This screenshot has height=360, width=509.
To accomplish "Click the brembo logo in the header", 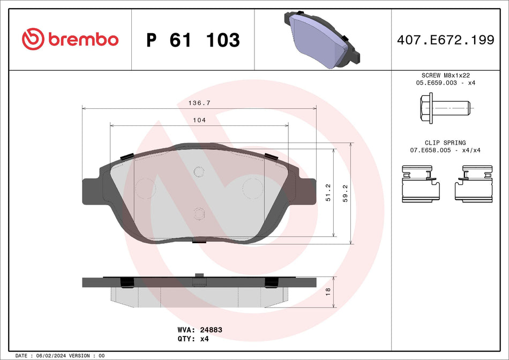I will click(x=70, y=39).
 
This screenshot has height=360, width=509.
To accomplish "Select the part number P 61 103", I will click(x=193, y=40).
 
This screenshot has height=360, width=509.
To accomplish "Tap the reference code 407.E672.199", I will click(x=445, y=40).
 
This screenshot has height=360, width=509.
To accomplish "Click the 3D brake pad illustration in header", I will click(x=322, y=39).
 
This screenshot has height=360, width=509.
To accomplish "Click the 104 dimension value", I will click(x=199, y=121).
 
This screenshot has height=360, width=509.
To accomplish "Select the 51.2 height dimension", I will click(x=328, y=193).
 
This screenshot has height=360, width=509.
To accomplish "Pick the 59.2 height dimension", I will click(x=345, y=193).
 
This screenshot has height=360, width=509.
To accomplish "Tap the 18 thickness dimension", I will click(x=328, y=292).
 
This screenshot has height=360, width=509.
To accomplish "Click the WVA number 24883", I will click(x=211, y=331).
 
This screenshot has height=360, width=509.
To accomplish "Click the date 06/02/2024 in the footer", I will click(x=54, y=356).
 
